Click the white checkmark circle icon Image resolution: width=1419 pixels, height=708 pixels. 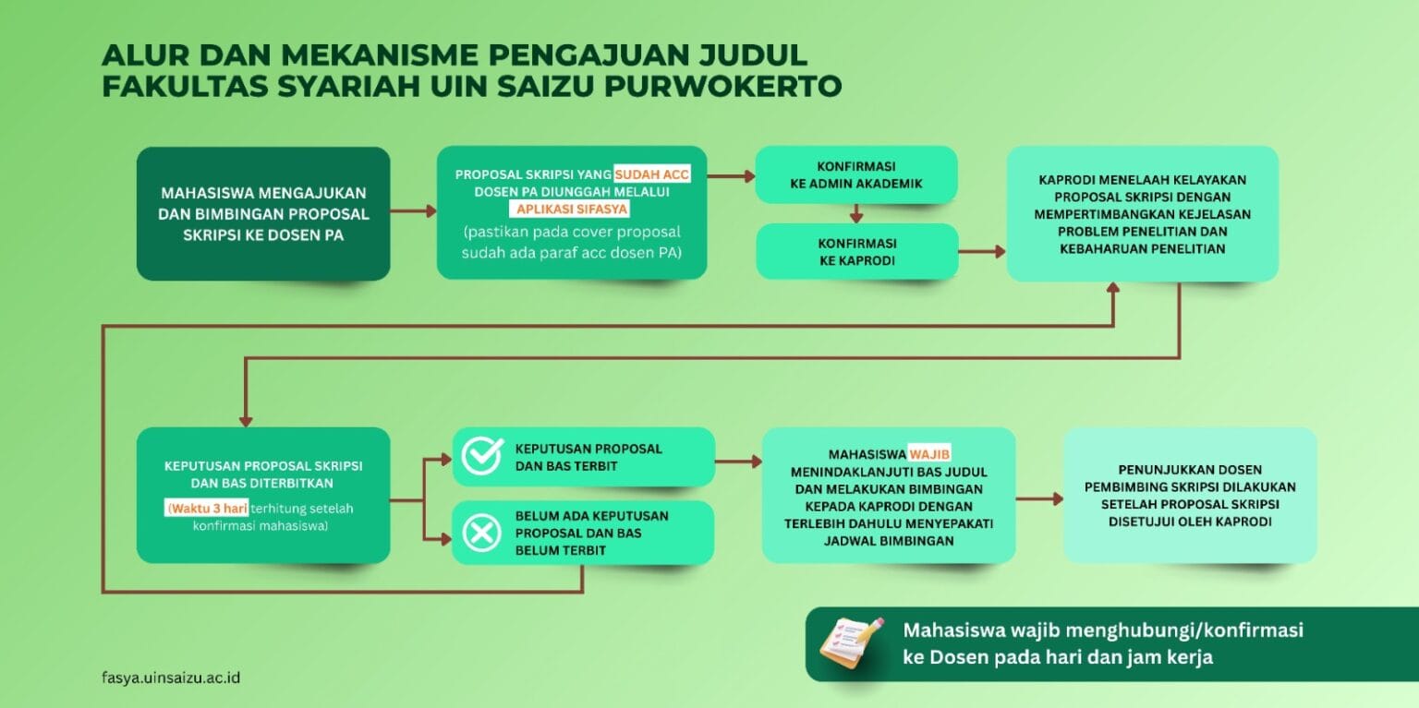click(482, 456)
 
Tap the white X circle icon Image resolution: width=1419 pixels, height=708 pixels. click(481, 533)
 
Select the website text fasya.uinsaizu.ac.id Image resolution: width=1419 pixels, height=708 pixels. click(171, 678)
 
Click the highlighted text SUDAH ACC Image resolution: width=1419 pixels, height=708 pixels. click(652, 174)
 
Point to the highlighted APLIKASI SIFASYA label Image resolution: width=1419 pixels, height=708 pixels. click(572, 209)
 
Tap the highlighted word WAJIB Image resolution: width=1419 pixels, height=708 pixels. click(929, 454)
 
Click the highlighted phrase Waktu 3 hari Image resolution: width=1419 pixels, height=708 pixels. click(207, 508)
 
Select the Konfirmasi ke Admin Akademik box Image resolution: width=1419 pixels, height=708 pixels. click(855, 174)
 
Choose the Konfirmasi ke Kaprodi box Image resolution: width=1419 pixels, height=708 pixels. click(857, 251)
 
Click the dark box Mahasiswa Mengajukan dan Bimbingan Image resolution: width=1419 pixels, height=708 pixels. click(263, 214)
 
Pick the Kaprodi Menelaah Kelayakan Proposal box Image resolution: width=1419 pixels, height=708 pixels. click(1142, 214)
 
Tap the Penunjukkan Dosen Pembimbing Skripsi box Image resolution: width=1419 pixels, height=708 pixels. click(1190, 496)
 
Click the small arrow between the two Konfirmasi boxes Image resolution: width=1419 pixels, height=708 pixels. click(856, 213)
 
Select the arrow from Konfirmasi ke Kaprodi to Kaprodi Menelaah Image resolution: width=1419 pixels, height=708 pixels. click(982, 251)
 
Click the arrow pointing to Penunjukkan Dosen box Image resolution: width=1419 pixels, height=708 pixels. click(1039, 498)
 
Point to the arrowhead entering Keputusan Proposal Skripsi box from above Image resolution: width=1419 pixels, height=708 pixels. click(246, 421)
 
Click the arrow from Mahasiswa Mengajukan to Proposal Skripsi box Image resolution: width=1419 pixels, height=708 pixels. click(414, 210)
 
